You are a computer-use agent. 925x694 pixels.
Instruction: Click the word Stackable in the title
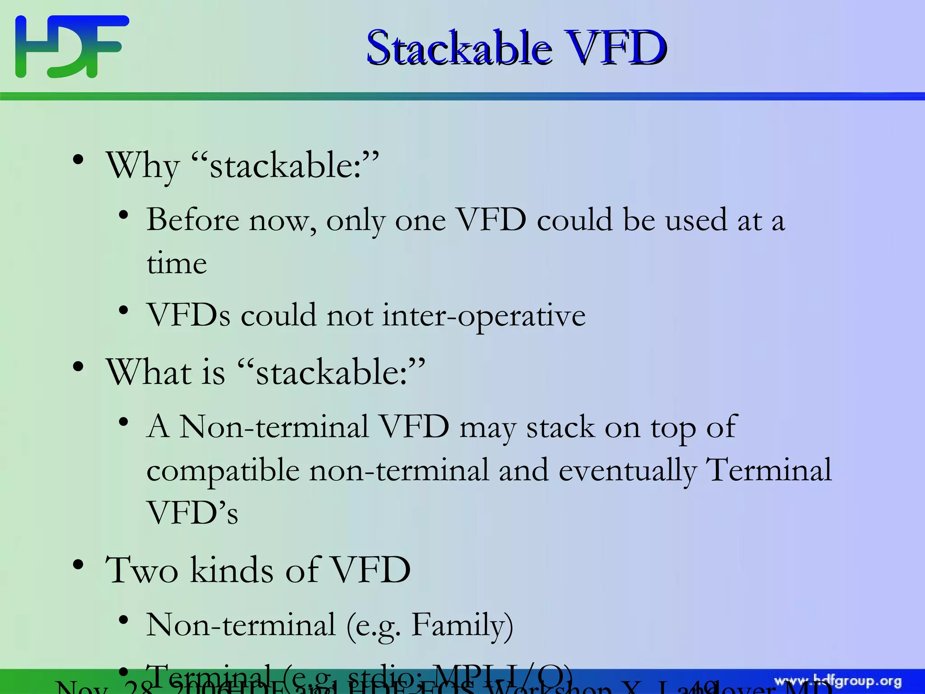point(458,47)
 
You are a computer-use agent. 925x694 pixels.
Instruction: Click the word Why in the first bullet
point(143,166)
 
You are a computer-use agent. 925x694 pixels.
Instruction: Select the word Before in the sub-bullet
point(193,220)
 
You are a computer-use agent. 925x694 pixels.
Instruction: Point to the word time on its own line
point(177,263)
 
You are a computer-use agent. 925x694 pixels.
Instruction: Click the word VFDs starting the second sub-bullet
point(188,315)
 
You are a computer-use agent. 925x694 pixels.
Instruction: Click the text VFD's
point(192,513)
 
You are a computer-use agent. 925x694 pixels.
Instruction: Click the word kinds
point(232,570)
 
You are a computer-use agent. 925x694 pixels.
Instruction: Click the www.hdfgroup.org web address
point(838,681)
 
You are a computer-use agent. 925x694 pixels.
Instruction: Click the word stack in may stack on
point(560,427)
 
